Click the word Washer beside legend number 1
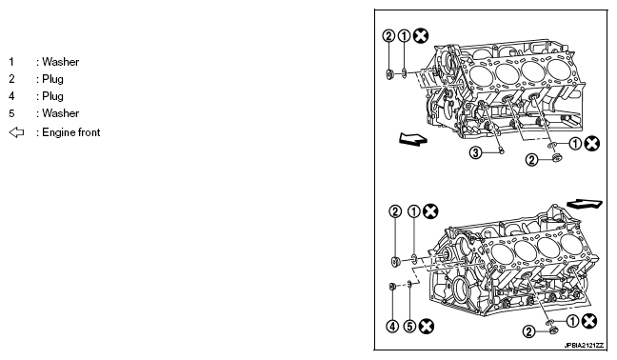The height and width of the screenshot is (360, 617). tap(61, 62)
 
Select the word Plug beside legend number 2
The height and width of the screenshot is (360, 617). tap(52, 79)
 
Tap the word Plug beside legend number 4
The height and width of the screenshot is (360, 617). tap(52, 96)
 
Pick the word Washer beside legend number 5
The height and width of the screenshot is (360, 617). tap(61, 113)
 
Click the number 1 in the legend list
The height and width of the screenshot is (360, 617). tap(11, 62)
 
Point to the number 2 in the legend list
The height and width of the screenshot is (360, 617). tap(11, 79)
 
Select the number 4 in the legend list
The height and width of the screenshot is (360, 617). tap(11, 96)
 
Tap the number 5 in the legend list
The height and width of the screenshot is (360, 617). tap(11, 113)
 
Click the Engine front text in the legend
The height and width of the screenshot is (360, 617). tap(71, 132)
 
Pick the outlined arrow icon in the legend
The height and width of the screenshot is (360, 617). tap(16, 132)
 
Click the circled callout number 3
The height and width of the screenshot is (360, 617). tap(476, 152)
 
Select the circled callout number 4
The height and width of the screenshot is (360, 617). tap(392, 326)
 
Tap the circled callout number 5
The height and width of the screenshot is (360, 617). tap(410, 326)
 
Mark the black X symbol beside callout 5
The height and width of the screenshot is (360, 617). tap(427, 326)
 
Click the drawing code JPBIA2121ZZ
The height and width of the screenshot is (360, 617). tap(584, 346)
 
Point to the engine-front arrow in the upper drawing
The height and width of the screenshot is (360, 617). tap(413, 139)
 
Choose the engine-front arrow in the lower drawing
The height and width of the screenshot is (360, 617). tap(585, 204)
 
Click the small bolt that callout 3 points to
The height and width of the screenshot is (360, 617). tap(501, 150)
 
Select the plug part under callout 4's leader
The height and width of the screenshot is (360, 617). tap(392, 287)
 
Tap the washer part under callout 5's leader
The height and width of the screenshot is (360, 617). tap(409, 283)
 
